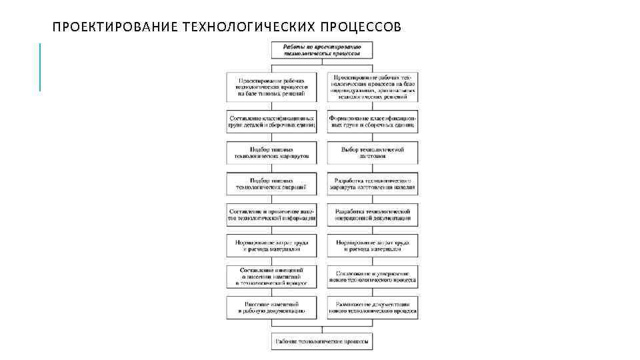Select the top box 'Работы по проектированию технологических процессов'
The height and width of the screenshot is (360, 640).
pyautogui.click(x=322, y=51)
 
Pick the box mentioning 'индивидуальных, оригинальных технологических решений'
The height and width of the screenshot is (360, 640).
pyautogui.click(x=373, y=87)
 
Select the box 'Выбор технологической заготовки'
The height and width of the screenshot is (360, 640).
pyautogui.click(x=373, y=153)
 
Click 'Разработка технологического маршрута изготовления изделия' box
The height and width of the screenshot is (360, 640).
pyautogui.click(x=373, y=184)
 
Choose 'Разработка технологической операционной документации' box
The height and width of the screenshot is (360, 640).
pyautogui.click(x=373, y=214)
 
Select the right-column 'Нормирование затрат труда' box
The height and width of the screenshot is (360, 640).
pyautogui.click(x=373, y=245)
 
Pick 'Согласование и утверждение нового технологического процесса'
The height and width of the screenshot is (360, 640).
pyautogui.click(x=373, y=276)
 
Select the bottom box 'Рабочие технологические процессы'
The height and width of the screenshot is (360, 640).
pyautogui.click(x=322, y=341)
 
